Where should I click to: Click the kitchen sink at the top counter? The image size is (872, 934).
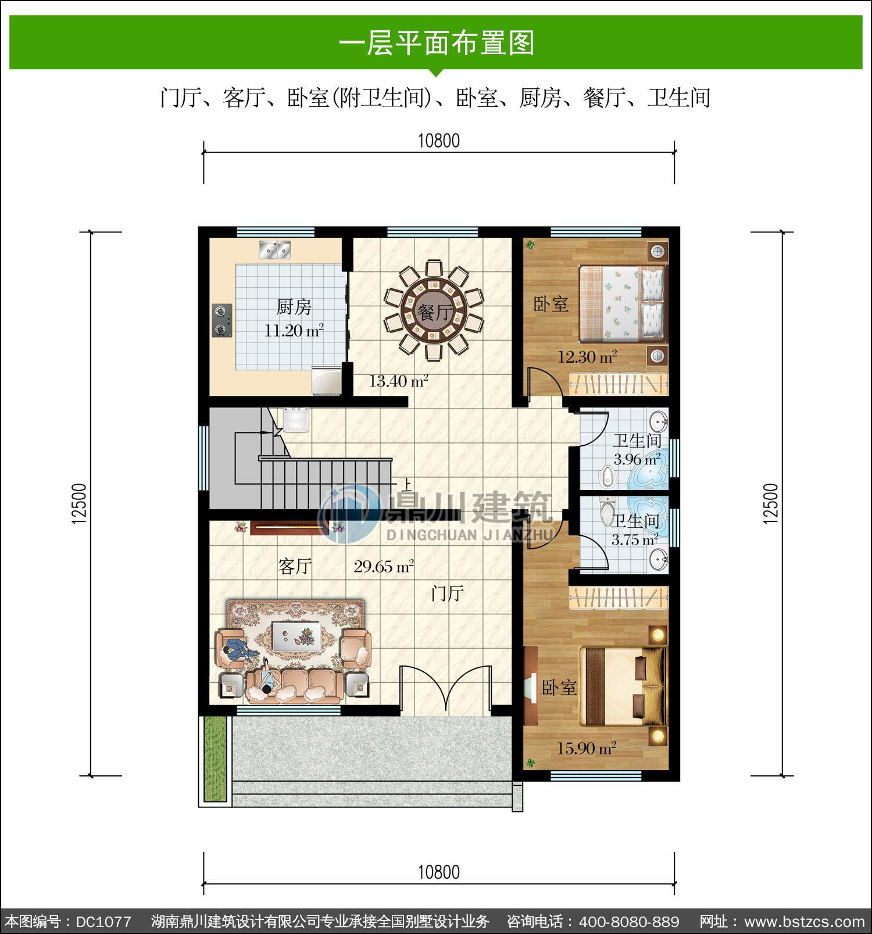[x=274, y=249]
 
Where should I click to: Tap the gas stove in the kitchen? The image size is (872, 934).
[x=221, y=320]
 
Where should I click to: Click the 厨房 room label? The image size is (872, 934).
[x=294, y=306]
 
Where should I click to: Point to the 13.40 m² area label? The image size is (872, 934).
[x=399, y=381]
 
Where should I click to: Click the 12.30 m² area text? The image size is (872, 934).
[x=587, y=357]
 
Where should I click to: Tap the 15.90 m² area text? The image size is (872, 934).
[x=587, y=749]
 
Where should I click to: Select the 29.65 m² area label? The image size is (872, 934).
[x=384, y=566]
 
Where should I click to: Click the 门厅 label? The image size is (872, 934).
[x=447, y=593]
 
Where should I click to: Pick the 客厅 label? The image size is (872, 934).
[x=295, y=566]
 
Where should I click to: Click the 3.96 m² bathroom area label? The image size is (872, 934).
[x=638, y=459]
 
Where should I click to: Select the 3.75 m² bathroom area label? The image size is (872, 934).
[x=635, y=540]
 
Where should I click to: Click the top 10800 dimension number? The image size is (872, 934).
[x=439, y=141]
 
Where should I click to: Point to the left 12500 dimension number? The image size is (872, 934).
[x=80, y=504]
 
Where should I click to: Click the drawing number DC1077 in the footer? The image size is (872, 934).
[x=103, y=922]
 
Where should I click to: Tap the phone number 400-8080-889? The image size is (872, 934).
[x=629, y=922]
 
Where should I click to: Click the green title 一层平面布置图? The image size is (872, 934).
[x=436, y=43]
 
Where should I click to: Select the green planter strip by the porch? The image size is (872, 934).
[x=215, y=759]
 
